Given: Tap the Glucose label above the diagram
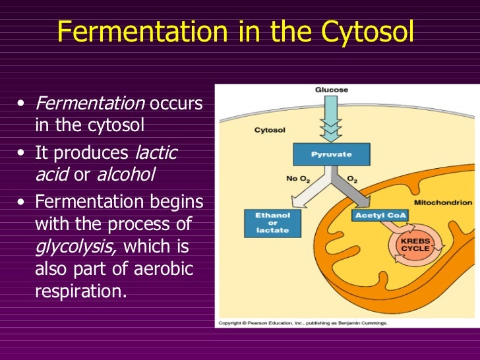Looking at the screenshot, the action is click(x=331, y=90).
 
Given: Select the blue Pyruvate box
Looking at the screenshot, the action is click(x=331, y=154).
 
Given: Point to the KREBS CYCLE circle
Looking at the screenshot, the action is click(x=415, y=246).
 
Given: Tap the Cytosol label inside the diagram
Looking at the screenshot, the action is click(x=270, y=130).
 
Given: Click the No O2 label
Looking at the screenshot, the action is click(x=297, y=178).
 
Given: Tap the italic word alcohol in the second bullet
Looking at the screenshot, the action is click(x=126, y=175).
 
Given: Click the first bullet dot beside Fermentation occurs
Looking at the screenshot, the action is click(x=22, y=104).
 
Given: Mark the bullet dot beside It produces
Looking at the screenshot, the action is click(x=22, y=153).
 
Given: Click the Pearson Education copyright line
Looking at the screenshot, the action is click(x=302, y=323).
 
